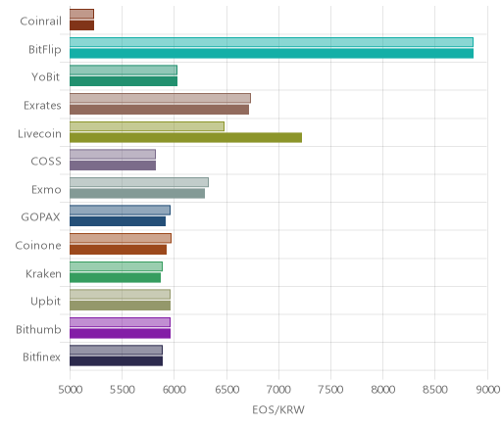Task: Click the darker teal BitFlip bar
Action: tap(272, 53)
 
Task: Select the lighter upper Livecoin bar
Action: tap(147, 126)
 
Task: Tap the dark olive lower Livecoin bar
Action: tap(185, 137)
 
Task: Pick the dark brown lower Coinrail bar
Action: tap(81, 25)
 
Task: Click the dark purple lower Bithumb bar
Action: tap(120, 333)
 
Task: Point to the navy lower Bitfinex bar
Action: tap(116, 361)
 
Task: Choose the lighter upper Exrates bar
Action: tap(160, 98)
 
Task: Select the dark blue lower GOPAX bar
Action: tap(118, 221)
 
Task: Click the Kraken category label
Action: tap(43, 273)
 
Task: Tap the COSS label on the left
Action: tap(46, 162)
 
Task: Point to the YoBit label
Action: tap(46, 77)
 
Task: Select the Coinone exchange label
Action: tap(38, 245)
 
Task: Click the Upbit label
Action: tap(45, 302)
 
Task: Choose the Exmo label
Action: tap(46, 190)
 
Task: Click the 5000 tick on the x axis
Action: tap(70, 390)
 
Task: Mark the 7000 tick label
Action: tap(279, 390)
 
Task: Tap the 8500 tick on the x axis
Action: tap(435, 390)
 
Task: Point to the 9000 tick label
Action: tap(487, 390)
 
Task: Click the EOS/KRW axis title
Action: tap(278, 409)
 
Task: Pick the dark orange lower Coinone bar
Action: tap(118, 250)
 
